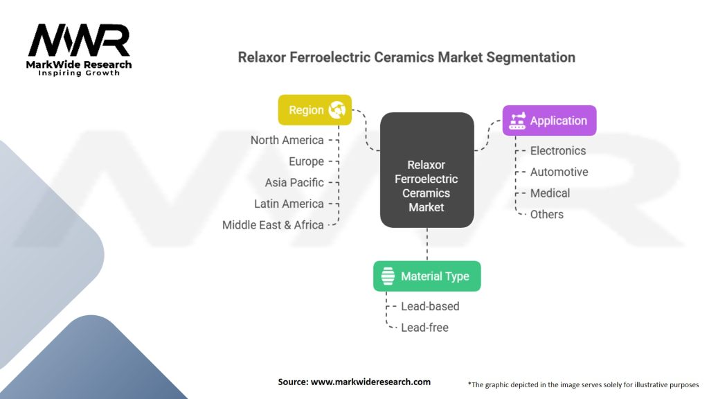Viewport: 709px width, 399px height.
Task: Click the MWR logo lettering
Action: click(79, 40)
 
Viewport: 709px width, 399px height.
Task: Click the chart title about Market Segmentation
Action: click(406, 57)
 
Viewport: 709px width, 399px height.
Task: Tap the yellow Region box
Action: click(315, 110)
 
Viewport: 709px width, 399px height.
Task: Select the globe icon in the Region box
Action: click(337, 110)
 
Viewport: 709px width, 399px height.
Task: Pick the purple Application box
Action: click(549, 121)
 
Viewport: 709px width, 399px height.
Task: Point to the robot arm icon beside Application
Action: click(517, 121)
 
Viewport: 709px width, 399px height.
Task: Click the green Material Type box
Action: click(427, 276)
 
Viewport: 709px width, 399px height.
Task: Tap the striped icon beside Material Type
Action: click(388, 276)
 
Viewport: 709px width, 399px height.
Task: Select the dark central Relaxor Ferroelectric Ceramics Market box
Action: click(427, 170)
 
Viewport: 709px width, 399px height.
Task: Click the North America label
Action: click(287, 140)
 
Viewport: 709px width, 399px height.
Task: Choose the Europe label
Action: click(306, 161)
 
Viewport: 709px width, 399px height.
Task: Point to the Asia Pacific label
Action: click(294, 183)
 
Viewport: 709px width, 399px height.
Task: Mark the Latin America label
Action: click(289, 204)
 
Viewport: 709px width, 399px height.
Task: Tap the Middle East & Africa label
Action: click(273, 225)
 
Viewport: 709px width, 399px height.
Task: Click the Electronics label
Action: click(558, 150)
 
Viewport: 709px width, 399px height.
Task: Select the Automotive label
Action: click(559, 172)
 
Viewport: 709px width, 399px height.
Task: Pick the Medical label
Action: click(550, 193)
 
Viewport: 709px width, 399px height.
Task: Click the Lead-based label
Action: click(430, 306)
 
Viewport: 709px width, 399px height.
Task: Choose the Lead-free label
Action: click(424, 328)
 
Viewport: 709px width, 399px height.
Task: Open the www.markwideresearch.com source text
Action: click(370, 382)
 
